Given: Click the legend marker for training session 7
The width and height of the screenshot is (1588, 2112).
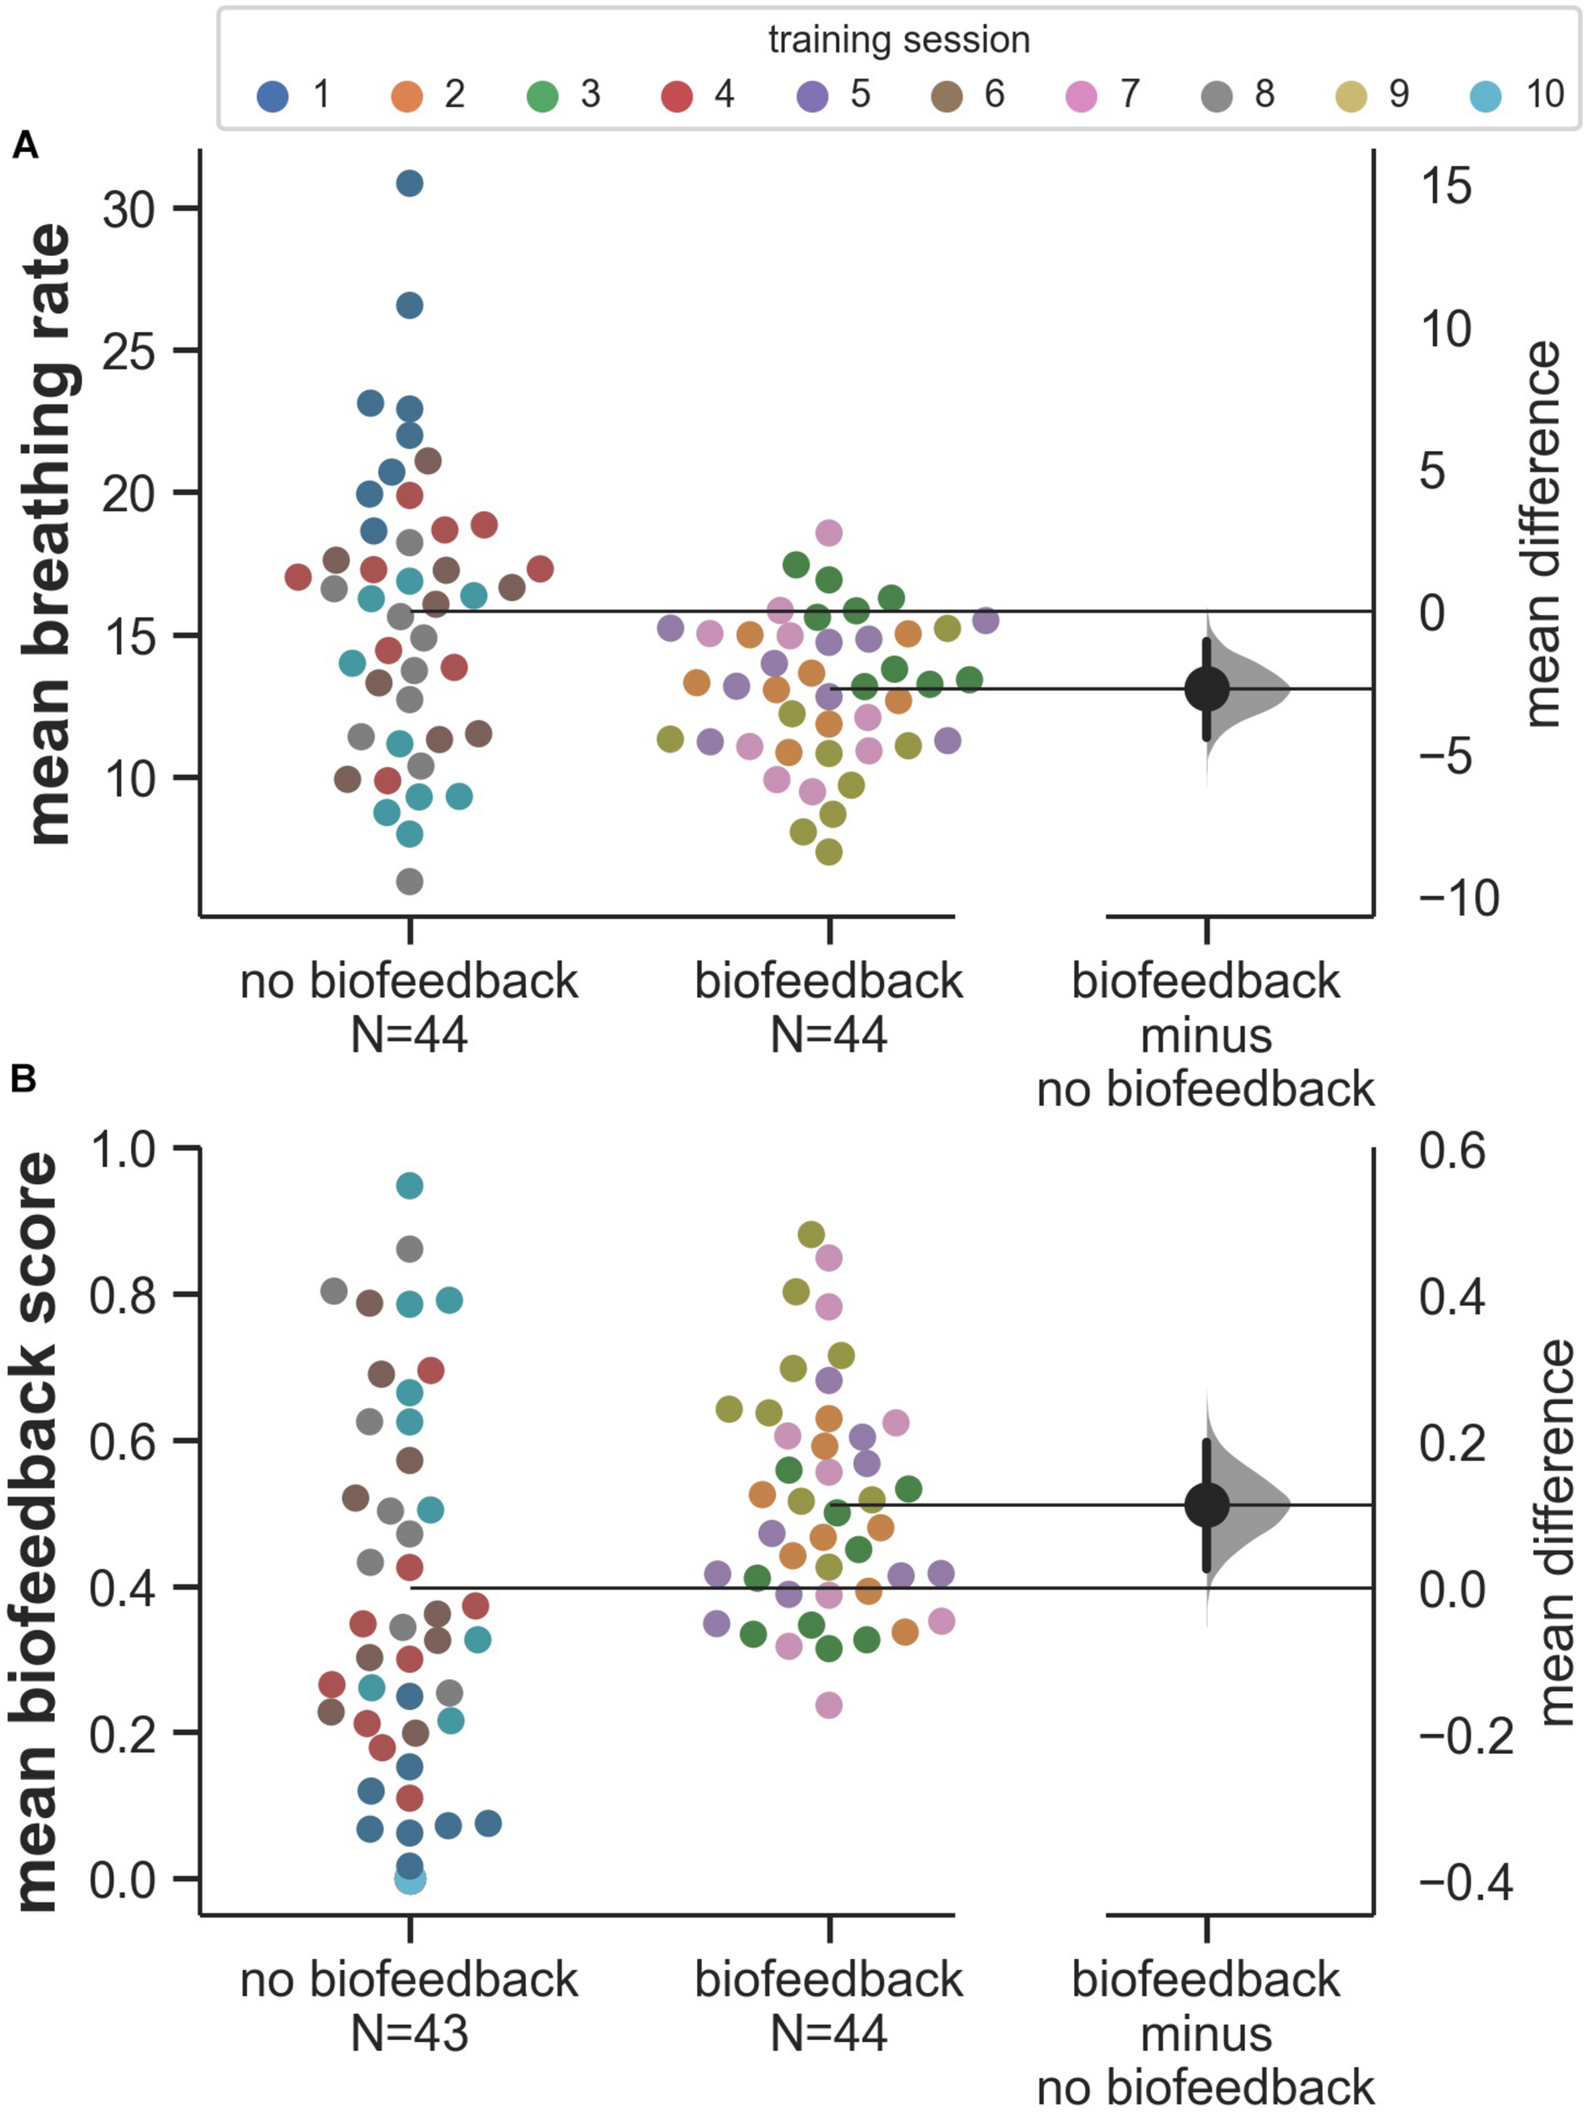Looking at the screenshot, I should pos(1080,95).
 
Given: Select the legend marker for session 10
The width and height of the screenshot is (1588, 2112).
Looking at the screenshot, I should pos(1486,95).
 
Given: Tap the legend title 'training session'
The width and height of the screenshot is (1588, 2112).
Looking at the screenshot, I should pos(898,40).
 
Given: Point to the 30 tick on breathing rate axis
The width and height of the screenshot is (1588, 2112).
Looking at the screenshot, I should pos(129,210).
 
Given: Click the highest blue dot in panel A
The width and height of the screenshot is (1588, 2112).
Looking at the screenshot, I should pos(410,183).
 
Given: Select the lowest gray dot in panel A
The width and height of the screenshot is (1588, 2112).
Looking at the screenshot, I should pos(410,881).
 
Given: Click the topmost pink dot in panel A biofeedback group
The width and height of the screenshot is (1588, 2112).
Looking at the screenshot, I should pos(829,533).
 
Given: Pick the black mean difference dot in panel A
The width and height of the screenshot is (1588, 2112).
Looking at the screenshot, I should pos(1207,689).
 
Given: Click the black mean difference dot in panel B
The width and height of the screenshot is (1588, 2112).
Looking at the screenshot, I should pos(1207,1505).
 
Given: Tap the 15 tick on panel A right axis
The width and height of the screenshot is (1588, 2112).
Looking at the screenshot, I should pos(1446,186).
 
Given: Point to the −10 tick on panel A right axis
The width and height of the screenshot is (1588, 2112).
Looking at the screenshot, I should pos(1458,899).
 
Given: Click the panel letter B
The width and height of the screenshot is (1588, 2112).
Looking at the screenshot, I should pos(24,1080).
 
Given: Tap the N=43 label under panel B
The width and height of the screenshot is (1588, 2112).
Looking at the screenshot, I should pos(409,2033).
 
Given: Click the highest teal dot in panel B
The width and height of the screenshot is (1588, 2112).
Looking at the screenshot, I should pos(410,1186).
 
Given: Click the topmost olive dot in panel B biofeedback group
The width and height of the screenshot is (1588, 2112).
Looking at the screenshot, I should pos(810,1234).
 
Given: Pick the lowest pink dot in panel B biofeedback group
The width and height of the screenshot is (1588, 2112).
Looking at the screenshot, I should pos(829,1704).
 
